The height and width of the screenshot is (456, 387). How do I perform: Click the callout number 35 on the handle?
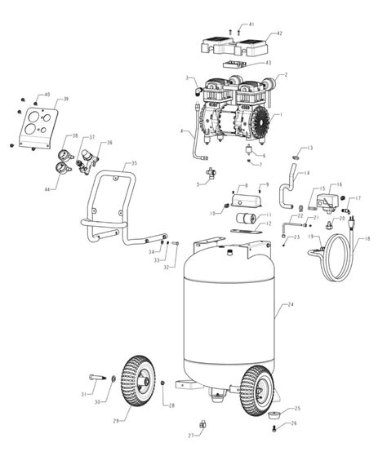coord(134,164)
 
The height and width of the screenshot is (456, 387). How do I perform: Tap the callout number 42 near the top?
coord(278,33)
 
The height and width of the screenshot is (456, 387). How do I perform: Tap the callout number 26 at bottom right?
coord(296,423)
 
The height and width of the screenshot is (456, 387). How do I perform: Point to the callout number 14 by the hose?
coord(306,173)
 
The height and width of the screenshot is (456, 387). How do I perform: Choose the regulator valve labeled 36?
coord(84,153)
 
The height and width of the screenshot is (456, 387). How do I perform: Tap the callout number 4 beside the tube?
coord(182,131)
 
